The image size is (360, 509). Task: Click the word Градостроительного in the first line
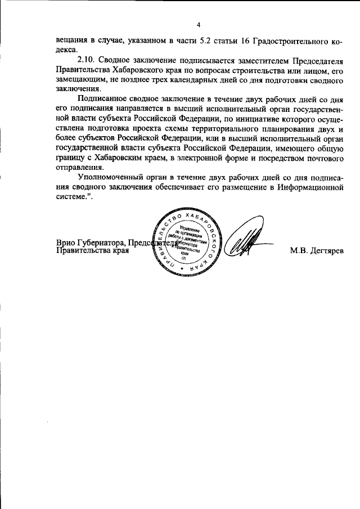(292, 40)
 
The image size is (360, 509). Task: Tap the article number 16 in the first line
(245, 40)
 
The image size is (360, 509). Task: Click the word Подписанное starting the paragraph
(102, 98)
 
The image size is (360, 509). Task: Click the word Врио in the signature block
(67, 242)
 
